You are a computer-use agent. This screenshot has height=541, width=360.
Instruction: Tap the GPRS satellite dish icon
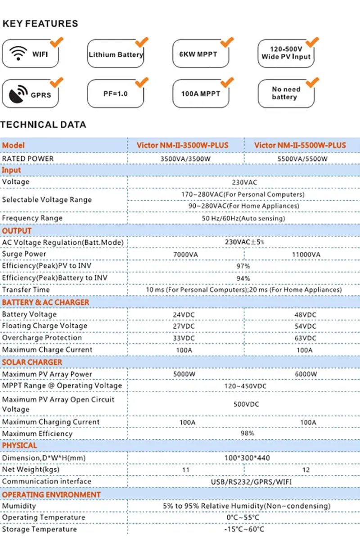coord(18,94)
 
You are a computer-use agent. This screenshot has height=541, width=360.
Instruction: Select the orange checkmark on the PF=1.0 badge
coord(142,82)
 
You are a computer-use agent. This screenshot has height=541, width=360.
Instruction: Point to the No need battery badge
coord(284,93)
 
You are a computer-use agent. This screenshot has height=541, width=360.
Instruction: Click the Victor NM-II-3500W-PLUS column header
coord(182,145)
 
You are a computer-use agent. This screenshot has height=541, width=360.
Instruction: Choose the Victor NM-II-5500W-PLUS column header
coord(300,145)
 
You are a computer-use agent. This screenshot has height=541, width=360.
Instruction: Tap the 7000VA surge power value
coord(184,255)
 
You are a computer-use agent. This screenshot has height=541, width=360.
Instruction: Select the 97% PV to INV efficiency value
coord(243,266)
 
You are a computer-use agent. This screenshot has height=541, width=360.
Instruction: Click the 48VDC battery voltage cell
coord(306,314)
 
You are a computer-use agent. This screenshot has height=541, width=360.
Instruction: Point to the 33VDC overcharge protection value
coord(184,338)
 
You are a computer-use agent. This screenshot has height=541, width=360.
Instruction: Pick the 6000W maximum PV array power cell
coord(306,374)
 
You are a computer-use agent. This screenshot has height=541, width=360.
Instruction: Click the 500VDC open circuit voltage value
coord(246,404)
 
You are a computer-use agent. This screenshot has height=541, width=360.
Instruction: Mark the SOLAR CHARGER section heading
coord(32,362)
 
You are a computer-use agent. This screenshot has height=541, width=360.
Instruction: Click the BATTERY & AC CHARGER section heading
coord(45,302)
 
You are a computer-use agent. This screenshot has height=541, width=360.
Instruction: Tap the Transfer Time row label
coord(26,290)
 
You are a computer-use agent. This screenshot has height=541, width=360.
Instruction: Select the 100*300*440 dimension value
coord(246,458)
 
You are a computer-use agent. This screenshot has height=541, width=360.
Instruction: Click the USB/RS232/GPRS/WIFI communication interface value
coord(246,482)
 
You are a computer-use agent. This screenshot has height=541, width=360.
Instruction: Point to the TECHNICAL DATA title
coord(43,125)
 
